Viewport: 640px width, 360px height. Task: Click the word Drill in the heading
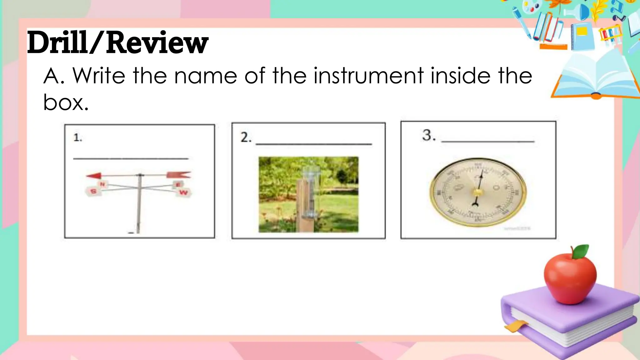(x=57, y=43)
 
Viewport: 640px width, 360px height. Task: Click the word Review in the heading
(x=157, y=43)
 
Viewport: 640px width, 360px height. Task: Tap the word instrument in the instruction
(x=368, y=76)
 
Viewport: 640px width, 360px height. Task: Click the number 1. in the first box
(x=77, y=137)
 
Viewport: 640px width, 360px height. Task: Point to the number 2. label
(x=246, y=137)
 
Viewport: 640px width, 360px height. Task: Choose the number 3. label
(x=428, y=135)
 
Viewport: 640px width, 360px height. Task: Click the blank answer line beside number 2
(x=313, y=144)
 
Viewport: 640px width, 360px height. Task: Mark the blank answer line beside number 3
(x=487, y=141)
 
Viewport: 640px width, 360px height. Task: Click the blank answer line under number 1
(x=131, y=158)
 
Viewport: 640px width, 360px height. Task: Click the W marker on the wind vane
(x=184, y=192)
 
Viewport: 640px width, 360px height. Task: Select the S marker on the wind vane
(x=93, y=191)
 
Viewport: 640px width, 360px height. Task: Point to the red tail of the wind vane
(x=178, y=175)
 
